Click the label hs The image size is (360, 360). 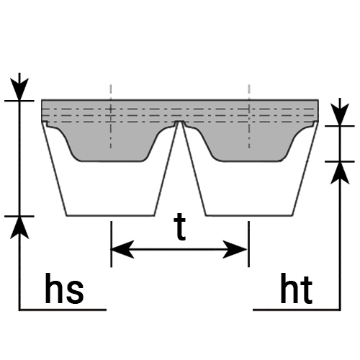64,288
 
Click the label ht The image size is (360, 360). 296,288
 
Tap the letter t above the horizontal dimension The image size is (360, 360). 179,227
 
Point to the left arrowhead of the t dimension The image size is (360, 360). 122,249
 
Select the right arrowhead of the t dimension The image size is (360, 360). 235,249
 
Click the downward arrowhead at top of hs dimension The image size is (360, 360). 19,89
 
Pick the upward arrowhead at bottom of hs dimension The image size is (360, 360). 19,228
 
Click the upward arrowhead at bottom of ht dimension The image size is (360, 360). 340,173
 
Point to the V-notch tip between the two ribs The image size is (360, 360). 179,122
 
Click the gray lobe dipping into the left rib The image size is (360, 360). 110,144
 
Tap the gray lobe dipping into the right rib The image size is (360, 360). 250,144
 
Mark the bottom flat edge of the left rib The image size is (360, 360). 110,215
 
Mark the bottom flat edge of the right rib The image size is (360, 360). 250,215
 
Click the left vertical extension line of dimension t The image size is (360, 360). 111,244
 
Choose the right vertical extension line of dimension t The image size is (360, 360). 249,244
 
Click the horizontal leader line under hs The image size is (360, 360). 63,310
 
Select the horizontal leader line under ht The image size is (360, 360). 297,310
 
